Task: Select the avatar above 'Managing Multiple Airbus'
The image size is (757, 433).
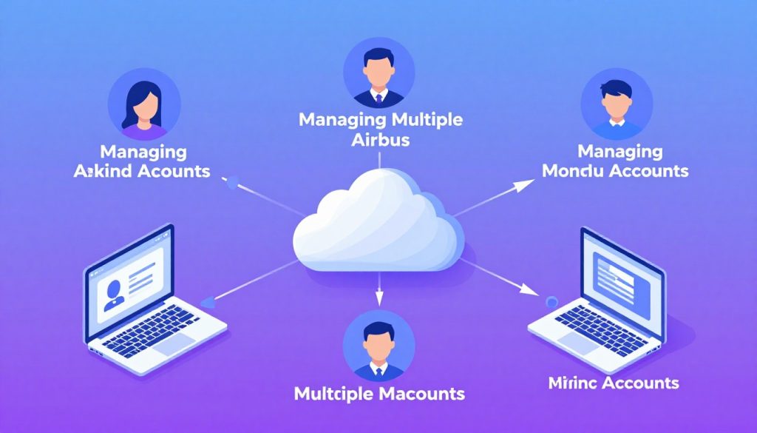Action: click(378, 73)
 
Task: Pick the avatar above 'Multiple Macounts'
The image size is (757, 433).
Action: click(379, 344)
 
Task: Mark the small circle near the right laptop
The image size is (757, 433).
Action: click(549, 302)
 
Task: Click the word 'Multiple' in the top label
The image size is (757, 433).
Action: click(425, 121)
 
